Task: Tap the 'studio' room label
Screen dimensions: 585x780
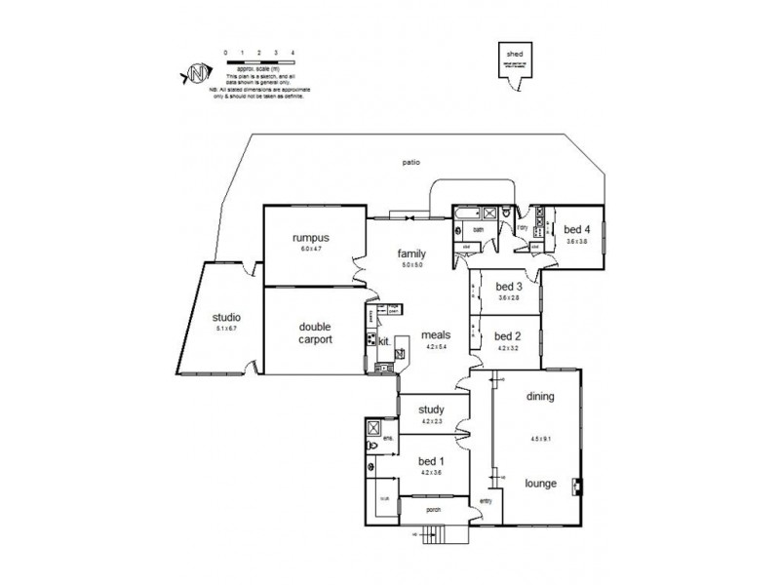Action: (x=226, y=317)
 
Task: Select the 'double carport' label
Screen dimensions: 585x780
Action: (x=315, y=333)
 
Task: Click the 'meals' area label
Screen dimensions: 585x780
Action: (x=435, y=334)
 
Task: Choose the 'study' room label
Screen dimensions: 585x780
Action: (x=432, y=410)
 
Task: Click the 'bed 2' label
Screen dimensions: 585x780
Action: (x=509, y=334)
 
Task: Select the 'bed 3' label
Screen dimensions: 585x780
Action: (x=509, y=287)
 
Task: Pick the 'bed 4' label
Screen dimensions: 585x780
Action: (x=577, y=230)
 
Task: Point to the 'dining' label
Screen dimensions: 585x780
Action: (x=540, y=397)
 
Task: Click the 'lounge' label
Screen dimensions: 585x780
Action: (x=540, y=482)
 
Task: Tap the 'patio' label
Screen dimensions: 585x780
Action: (x=410, y=162)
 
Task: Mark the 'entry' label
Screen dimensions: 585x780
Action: (x=486, y=501)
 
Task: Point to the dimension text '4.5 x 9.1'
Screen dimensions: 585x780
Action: (x=540, y=437)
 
